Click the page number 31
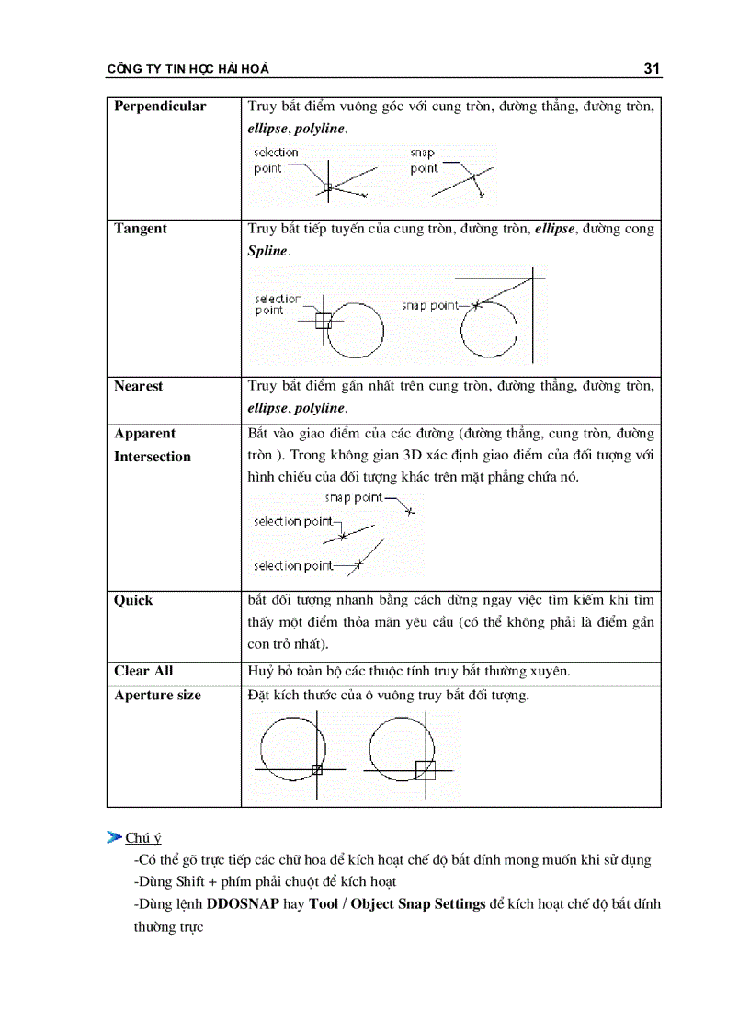(653, 69)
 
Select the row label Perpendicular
(160, 107)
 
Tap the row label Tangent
(141, 229)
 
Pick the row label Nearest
(138, 387)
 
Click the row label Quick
(133, 601)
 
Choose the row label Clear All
(143, 672)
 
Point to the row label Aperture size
(157, 696)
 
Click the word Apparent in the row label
(144, 434)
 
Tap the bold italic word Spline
(267, 252)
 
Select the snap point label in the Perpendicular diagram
(424, 161)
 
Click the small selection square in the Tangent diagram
(323, 321)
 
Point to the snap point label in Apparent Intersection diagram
(354, 497)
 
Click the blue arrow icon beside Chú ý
(114, 836)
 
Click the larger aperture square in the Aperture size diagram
(425, 770)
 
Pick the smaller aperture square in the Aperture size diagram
(317, 769)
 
